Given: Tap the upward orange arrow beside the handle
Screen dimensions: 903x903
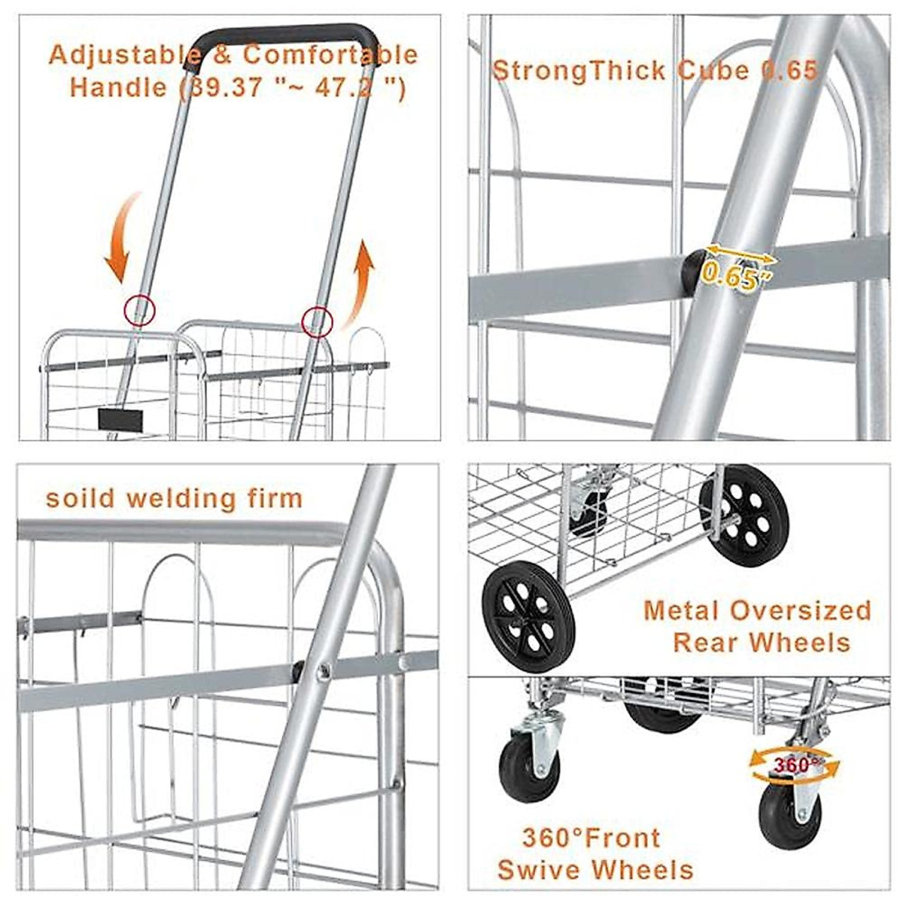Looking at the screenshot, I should coord(361,283).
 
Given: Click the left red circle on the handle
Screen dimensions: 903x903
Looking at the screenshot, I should coord(139,310).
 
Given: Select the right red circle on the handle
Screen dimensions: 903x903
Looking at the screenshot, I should coord(317,321).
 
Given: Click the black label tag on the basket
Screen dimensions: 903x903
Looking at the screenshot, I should coord(120,419).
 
